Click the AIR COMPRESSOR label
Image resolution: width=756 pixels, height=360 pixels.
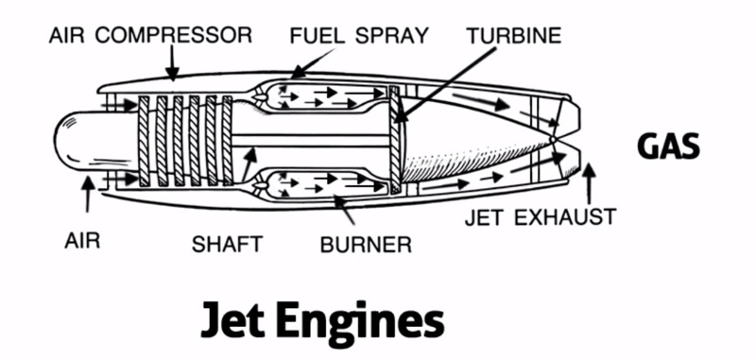click(x=150, y=36)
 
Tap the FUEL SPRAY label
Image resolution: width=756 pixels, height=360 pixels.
click(x=359, y=36)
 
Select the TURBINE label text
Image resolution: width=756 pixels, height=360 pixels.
click(x=514, y=36)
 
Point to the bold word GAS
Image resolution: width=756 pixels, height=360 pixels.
click(x=668, y=146)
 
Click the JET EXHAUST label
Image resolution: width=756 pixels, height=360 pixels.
click(x=541, y=217)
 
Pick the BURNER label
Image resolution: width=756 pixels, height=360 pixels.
click(x=366, y=245)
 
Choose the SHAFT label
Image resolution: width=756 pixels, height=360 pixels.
click(x=227, y=244)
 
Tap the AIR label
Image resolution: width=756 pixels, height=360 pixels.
click(x=82, y=241)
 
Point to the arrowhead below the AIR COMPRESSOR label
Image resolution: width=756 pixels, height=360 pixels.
click(x=172, y=72)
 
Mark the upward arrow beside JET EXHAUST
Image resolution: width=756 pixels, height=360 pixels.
click(x=589, y=184)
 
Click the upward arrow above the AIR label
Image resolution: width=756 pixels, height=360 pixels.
click(x=87, y=195)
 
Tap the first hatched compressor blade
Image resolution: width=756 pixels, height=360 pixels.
click(x=144, y=141)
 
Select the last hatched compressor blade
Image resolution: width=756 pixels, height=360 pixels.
click(x=227, y=141)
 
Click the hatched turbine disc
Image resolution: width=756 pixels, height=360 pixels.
click(x=395, y=140)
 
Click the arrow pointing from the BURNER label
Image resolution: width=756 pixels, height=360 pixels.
click(x=344, y=209)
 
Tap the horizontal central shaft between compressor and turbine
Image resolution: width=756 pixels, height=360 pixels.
click(x=311, y=141)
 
